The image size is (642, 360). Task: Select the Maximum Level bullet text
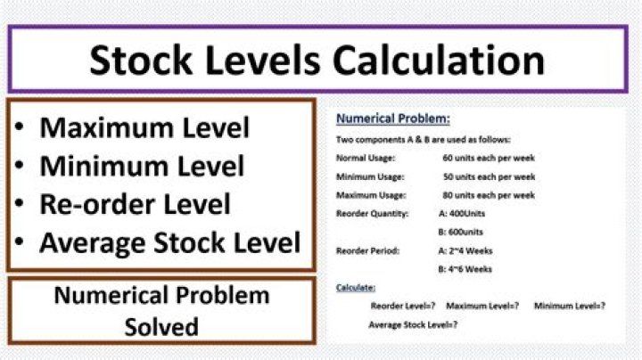click(x=144, y=127)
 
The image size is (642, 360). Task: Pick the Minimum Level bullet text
click(x=142, y=166)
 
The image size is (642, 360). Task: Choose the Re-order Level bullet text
click(x=135, y=203)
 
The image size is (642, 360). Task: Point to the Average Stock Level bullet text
click(x=169, y=241)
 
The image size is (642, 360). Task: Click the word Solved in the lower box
click(x=161, y=326)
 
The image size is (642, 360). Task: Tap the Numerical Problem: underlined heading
click(x=392, y=119)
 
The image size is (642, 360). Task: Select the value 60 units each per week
click(x=489, y=158)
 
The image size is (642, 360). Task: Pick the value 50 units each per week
click(x=489, y=176)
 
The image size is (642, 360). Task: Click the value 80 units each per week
click(x=489, y=195)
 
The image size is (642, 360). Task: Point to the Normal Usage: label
click(x=361, y=158)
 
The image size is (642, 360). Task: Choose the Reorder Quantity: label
click(x=372, y=214)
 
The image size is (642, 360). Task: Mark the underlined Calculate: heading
click(x=356, y=288)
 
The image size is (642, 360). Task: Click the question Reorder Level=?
click(x=402, y=307)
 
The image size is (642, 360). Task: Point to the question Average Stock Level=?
click(x=413, y=325)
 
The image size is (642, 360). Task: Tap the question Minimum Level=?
click(x=570, y=307)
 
